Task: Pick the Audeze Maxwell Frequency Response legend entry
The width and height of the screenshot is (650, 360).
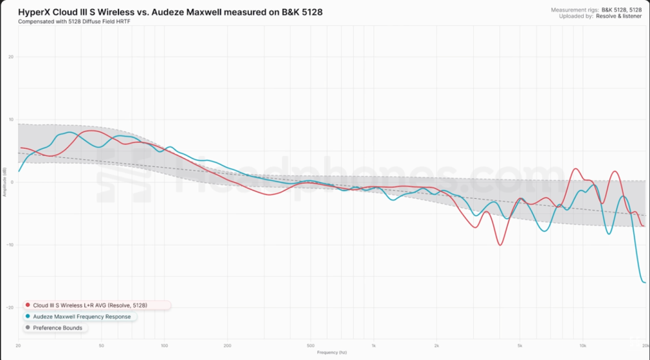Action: click(x=82, y=316)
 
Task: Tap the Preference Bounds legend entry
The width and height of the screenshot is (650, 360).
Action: click(x=58, y=328)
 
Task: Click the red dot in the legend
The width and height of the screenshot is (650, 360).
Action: click(x=28, y=305)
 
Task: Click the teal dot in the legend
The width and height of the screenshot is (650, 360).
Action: click(x=28, y=316)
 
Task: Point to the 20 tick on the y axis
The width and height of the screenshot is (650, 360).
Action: click(x=11, y=57)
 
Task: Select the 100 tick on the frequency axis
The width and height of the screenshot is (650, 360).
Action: click(x=164, y=346)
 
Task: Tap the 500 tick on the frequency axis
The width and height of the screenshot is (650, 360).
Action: click(x=311, y=346)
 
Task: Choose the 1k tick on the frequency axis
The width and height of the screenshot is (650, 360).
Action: click(x=374, y=346)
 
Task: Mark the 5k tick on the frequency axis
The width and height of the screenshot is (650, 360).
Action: click(x=520, y=346)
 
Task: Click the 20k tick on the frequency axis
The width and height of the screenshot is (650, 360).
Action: click(x=644, y=346)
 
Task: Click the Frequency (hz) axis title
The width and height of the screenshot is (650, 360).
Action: click(x=331, y=353)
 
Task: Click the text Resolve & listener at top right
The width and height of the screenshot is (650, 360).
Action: click(x=619, y=16)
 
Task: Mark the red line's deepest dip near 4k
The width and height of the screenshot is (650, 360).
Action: click(x=499, y=245)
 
